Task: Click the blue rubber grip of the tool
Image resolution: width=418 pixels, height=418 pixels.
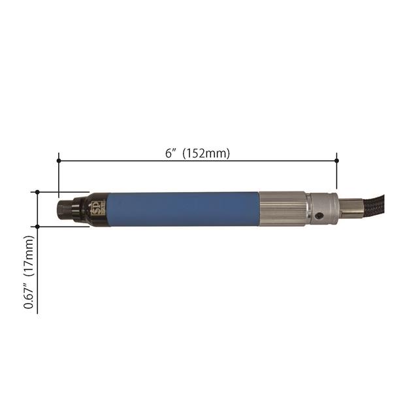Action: pos(176,209)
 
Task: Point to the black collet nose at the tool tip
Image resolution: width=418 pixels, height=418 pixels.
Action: pos(65,209)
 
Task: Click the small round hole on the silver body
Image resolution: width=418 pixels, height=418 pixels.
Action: pos(320,217)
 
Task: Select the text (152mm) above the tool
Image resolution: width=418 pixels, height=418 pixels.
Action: pos(206,153)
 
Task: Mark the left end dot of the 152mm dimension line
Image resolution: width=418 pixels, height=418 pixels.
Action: pos(59,160)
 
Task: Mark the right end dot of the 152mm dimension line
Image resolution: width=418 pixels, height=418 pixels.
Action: pos(337,160)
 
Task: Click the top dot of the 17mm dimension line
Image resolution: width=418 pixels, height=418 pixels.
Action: pos(38,192)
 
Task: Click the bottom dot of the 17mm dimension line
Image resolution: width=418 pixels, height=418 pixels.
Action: pos(38,227)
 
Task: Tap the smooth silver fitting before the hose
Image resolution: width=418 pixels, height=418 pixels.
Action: pos(350,208)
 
